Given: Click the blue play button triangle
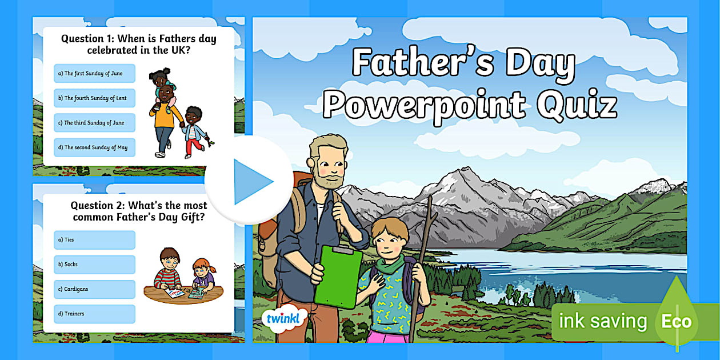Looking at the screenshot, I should pyautogui.click(x=252, y=181).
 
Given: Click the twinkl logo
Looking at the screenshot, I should pyautogui.click(x=284, y=318).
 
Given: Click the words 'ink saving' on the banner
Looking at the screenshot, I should pyautogui.click(x=602, y=321).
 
